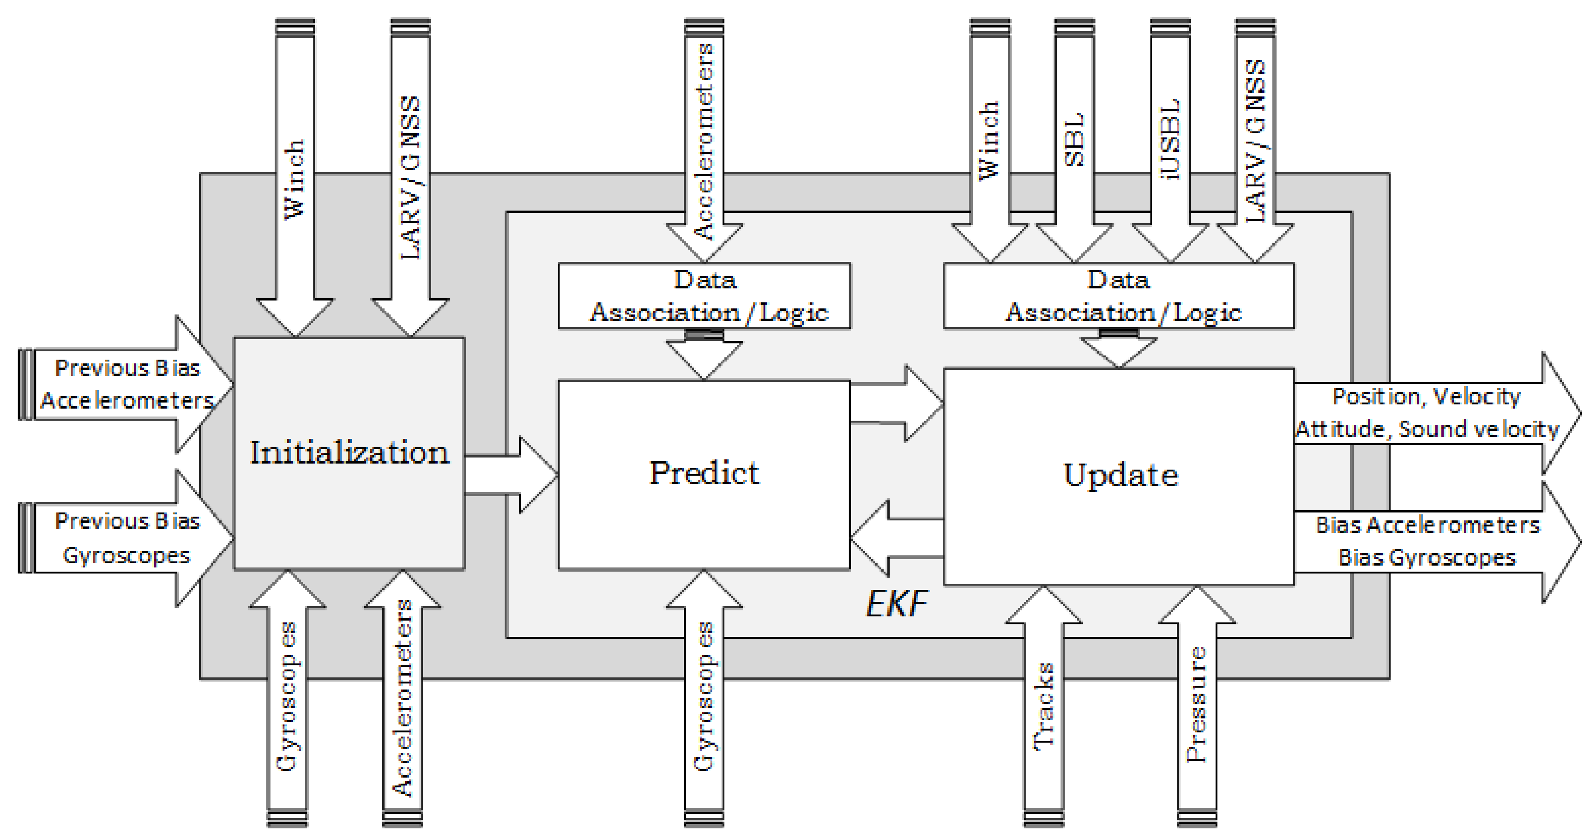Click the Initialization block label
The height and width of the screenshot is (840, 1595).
tap(349, 453)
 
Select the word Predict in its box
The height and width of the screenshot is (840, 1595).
tap(704, 473)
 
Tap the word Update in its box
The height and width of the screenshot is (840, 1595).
tap(1120, 476)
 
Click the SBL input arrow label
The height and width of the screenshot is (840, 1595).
tap(1074, 139)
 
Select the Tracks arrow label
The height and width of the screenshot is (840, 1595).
tap(1044, 706)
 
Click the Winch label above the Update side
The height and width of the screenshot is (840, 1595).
tap(989, 141)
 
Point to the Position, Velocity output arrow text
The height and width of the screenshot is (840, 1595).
tap(1426, 397)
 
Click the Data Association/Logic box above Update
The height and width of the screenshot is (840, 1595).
tap(1118, 296)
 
